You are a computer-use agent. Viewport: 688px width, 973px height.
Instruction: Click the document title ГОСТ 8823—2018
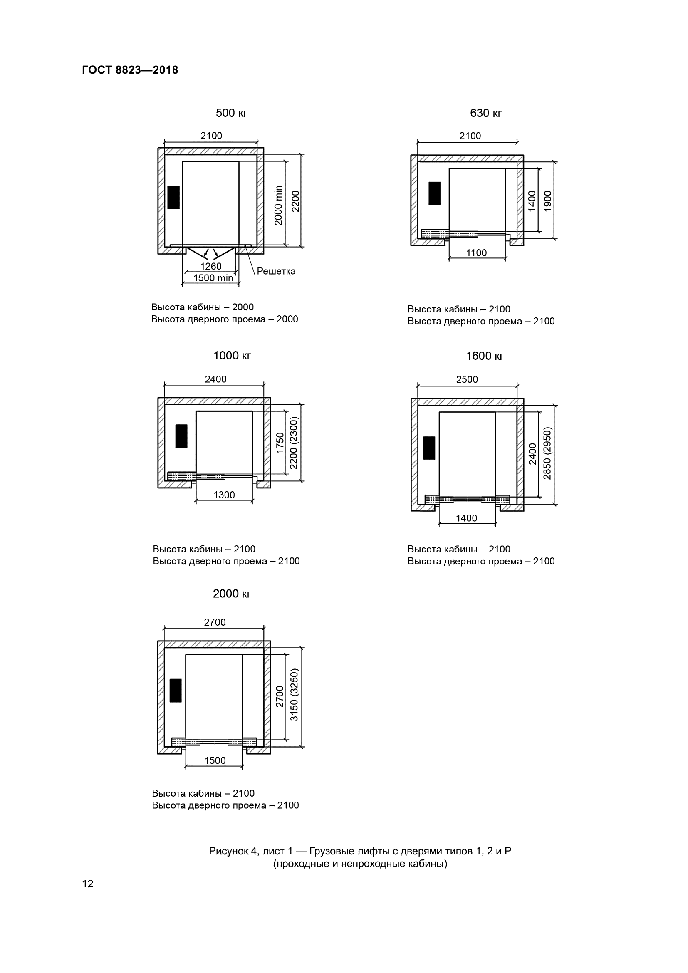pyautogui.click(x=130, y=70)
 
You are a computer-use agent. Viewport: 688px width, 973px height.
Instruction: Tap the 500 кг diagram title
pyautogui.click(x=231, y=113)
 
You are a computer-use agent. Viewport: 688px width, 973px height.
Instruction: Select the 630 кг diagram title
pyautogui.click(x=486, y=113)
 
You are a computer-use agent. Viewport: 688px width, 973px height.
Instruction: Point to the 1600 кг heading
pyautogui.click(x=485, y=356)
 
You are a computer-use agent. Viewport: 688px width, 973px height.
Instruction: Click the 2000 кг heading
pyautogui.click(x=232, y=594)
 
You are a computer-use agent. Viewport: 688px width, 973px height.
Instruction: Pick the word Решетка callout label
pyautogui.click(x=276, y=271)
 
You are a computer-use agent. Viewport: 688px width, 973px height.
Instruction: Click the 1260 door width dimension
pyautogui.click(x=211, y=266)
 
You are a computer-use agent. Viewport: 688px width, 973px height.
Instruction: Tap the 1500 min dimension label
pyautogui.click(x=213, y=278)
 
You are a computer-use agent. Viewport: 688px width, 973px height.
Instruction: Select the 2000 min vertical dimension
pyautogui.click(x=278, y=205)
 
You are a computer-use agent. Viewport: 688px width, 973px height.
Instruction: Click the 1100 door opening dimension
pyautogui.click(x=477, y=253)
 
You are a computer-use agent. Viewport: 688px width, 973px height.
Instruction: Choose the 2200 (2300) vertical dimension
pyautogui.click(x=294, y=443)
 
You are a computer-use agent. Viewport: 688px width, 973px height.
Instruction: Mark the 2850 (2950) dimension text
pyautogui.click(x=547, y=453)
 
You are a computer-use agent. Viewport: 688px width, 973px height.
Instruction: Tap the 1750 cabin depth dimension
pyautogui.click(x=280, y=443)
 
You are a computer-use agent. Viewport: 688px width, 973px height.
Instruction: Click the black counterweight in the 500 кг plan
pyautogui.click(x=173, y=198)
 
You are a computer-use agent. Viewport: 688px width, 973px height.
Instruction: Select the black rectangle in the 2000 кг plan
pyautogui.click(x=176, y=691)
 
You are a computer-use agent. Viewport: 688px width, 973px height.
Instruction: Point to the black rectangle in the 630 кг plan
pyautogui.click(x=434, y=193)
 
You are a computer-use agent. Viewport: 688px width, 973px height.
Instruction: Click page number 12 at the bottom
pyautogui.click(x=88, y=884)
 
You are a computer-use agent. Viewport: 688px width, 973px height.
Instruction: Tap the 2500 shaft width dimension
pyautogui.click(x=467, y=379)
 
